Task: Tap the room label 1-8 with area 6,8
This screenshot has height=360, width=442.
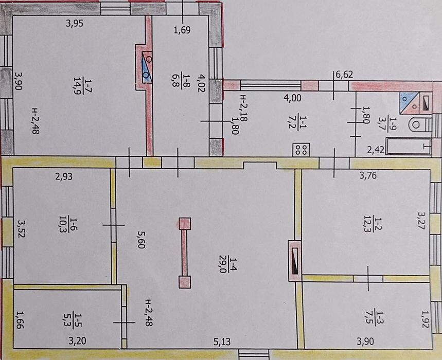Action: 181,81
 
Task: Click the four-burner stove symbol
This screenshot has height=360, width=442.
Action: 301,150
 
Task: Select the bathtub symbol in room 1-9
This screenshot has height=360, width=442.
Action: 409,146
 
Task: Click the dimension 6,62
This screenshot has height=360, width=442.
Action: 344,75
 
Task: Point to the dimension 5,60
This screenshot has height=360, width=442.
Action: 141,240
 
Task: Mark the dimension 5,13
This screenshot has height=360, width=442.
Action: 222,341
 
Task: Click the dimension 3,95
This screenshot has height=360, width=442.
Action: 75,23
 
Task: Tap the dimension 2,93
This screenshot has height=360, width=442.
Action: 64,176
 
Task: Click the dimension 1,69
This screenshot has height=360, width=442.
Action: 182,30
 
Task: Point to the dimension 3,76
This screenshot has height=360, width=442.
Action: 368,175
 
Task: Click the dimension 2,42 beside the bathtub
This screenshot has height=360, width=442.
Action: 376,150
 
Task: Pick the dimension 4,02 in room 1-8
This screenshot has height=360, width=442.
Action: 202,83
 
